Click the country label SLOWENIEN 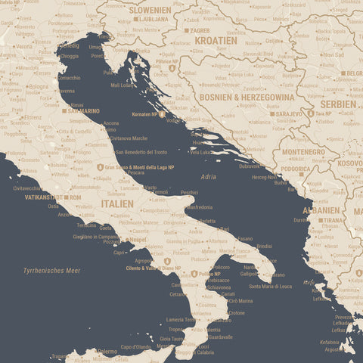click(150, 10)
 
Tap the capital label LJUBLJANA click(154, 19)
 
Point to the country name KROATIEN click(216, 40)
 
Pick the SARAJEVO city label click(289, 113)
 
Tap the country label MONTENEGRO click(303, 152)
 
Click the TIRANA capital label click(332, 220)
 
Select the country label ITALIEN click(117, 203)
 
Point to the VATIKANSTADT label click(43, 197)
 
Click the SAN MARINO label click(83, 111)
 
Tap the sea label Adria click(208, 176)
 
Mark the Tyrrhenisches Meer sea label click(51, 270)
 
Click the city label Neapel click(138, 240)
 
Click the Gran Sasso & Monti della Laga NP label click(139, 166)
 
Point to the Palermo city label click(107, 352)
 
